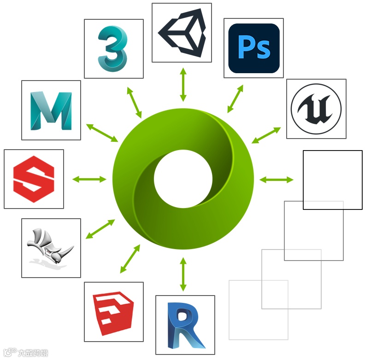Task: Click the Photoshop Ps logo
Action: tap(253, 48)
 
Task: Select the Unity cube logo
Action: tap(182, 33)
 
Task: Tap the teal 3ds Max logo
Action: tap(112, 48)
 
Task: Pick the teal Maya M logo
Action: tap(51, 110)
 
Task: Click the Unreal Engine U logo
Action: tap(316, 109)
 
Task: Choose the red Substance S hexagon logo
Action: tap(34, 179)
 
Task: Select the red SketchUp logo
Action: tap(113, 312)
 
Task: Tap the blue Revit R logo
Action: tap(185, 325)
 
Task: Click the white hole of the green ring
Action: tap(183, 179)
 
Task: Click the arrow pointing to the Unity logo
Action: tap(183, 84)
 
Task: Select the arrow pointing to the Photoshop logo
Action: tap(235, 99)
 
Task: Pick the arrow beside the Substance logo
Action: tap(89, 179)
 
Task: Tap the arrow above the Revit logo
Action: tap(183, 274)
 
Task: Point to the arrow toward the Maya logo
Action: tap(102, 133)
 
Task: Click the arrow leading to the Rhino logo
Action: tap(100, 229)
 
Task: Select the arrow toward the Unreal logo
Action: tap(266, 135)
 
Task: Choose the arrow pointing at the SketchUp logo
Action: tap(130, 258)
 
